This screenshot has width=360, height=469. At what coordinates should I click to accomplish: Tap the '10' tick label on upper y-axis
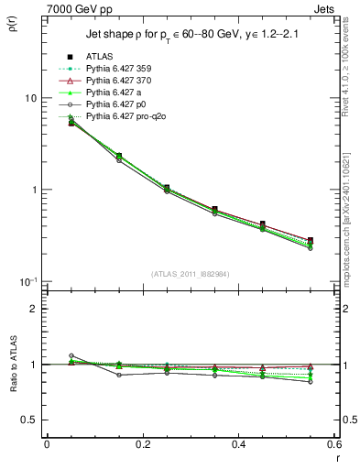(30, 98)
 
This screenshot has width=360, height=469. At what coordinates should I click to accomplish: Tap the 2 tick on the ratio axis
(34, 309)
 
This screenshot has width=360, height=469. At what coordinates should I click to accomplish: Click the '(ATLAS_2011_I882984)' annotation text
(191, 274)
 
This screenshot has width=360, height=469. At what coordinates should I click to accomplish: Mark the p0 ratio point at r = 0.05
(71, 355)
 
